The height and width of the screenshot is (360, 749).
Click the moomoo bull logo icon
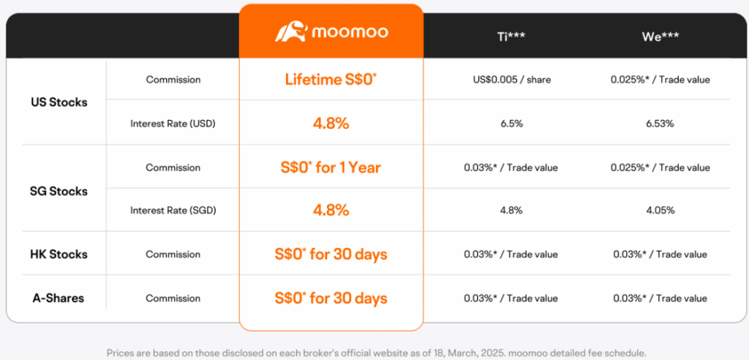(290, 32)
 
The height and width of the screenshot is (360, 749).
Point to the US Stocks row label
(59, 102)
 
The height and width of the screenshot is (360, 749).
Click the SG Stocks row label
(59, 191)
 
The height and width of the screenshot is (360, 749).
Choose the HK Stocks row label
(59, 255)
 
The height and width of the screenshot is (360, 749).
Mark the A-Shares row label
(59, 298)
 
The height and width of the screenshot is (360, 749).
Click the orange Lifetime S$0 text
(331, 80)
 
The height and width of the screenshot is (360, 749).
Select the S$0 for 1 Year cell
(331, 168)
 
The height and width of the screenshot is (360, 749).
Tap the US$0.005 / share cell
(511, 80)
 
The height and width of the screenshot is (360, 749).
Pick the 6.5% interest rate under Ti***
(511, 124)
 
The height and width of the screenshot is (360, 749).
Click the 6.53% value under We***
(660, 124)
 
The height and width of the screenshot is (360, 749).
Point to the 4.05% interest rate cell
(660, 210)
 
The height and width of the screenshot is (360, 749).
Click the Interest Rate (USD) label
(173, 124)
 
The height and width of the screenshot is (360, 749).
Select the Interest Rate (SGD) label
(173, 210)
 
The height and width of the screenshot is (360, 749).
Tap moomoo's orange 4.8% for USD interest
(331, 124)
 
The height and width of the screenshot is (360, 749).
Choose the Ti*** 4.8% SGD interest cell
(511, 210)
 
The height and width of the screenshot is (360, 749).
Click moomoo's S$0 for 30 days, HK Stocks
(331, 255)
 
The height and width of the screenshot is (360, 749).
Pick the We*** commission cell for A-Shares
(660, 298)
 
